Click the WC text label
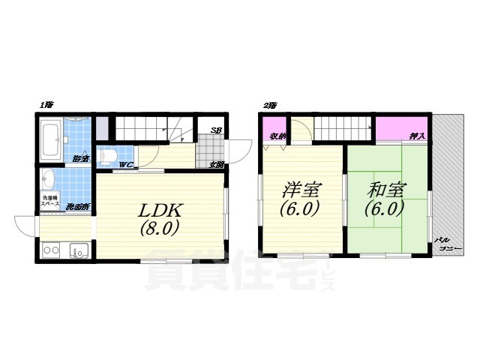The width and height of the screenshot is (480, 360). pyautogui.click(x=126, y=163)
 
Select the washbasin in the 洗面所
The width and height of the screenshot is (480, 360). pyautogui.click(x=49, y=180)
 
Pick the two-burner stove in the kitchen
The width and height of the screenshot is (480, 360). pyautogui.click(x=52, y=250)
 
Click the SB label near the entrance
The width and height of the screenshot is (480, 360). pyautogui.click(x=215, y=130)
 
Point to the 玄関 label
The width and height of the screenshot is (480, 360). pyautogui.click(x=217, y=163)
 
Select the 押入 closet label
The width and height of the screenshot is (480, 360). pyautogui.click(x=417, y=136)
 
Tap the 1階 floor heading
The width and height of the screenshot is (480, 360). pyautogui.click(x=47, y=106)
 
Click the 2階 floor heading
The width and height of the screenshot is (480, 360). pyautogui.click(x=268, y=106)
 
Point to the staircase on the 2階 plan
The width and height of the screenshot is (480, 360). pyautogui.click(x=343, y=131)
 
